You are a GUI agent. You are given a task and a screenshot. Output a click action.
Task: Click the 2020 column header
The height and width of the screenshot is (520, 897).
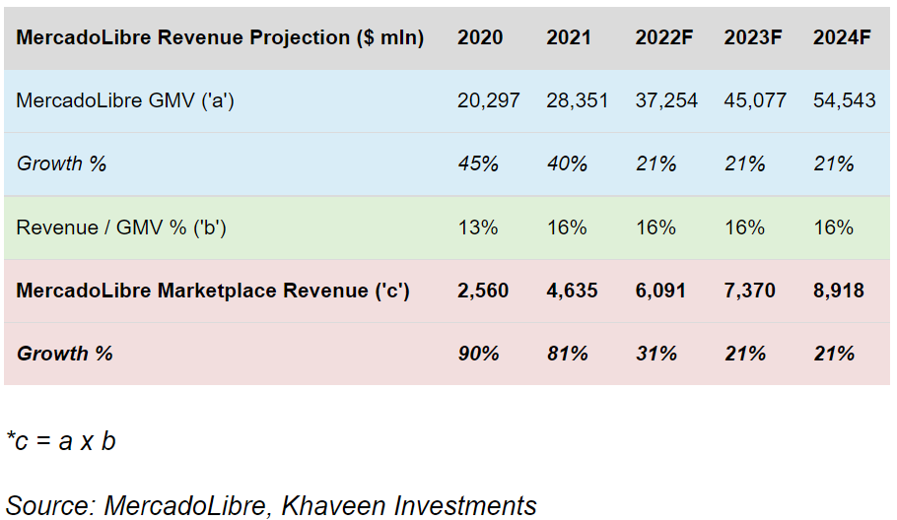click(480, 37)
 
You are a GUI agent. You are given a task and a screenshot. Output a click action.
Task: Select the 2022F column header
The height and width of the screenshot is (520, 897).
click(663, 37)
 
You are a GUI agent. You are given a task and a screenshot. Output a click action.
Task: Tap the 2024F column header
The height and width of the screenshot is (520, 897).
click(842, 37)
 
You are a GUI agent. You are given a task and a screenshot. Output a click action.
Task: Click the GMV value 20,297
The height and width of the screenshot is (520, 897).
click(488, 100)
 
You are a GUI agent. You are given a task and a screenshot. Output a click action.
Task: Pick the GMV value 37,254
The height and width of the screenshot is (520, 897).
click(666, 100)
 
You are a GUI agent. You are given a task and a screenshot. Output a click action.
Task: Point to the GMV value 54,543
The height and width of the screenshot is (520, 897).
click(844, 100)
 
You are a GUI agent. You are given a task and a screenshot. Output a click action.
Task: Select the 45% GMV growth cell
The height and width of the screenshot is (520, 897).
click(478, 163)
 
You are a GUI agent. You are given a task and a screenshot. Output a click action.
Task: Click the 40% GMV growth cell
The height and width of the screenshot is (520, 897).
click(567, 163)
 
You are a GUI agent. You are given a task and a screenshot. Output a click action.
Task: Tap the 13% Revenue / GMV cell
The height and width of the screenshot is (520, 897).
click(477, 227)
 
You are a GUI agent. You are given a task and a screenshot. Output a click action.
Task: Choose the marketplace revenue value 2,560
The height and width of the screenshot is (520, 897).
click(482, 291)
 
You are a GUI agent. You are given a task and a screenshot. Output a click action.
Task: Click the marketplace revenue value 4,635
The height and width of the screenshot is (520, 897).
click(572, 291)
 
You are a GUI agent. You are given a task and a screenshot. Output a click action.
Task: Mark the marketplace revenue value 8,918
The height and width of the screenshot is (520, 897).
click(839, 291)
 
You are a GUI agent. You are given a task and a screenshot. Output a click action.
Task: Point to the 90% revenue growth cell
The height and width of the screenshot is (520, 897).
click(478, 354)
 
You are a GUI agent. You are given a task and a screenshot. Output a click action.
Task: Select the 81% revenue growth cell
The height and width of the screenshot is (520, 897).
click(567, 354)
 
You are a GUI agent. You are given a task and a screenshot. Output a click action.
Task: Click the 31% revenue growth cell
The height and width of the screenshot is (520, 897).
click(655, 354)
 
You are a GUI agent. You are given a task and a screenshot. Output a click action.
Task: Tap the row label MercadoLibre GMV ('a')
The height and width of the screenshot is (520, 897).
click(125, 100)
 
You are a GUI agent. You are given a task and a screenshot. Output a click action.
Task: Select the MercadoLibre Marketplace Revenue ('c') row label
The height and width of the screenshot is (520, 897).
click(213, 291)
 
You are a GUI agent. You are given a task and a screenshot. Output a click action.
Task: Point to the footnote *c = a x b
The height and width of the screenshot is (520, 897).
click(61, 441)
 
